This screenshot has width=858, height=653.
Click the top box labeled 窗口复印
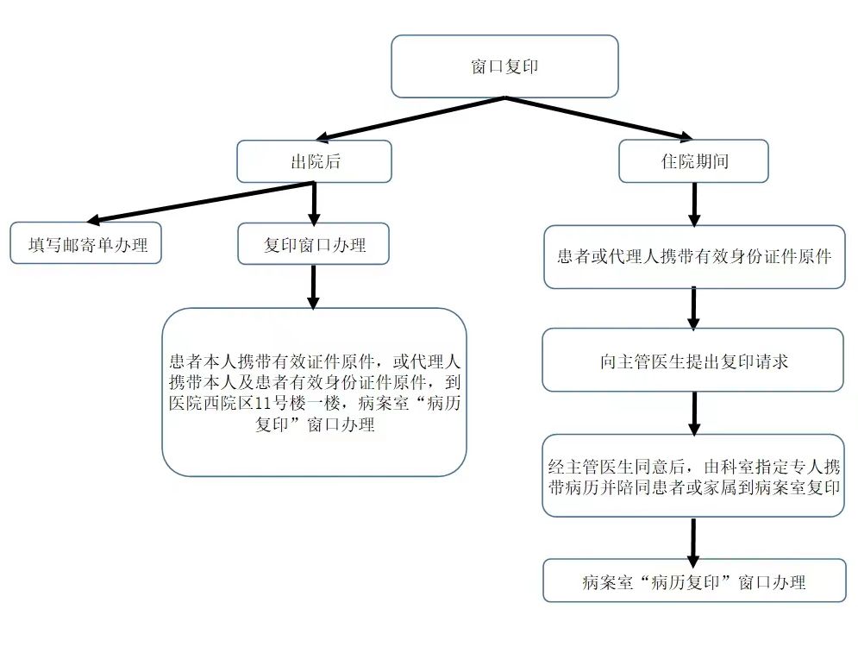point(504,66)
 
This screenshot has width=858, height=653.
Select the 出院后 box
point(314,161)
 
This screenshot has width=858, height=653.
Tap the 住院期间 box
point(693,161)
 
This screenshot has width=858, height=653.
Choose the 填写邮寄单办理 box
point(86,245)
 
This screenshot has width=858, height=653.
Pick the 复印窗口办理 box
point(314,245)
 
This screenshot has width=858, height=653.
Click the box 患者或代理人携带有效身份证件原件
point(693,257)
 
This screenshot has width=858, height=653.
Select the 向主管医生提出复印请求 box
point(693,361)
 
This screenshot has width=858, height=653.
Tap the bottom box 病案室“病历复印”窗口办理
point(693,581)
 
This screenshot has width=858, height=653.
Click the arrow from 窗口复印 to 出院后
point(405,118)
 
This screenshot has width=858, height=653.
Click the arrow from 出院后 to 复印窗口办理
point(314,203)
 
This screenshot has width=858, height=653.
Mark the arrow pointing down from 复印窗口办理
point(314,286)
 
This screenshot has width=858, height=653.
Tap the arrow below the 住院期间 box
point(693,204)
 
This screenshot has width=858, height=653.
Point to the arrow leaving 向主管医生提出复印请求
point(693,412)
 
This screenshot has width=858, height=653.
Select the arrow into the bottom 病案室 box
point(693,538)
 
